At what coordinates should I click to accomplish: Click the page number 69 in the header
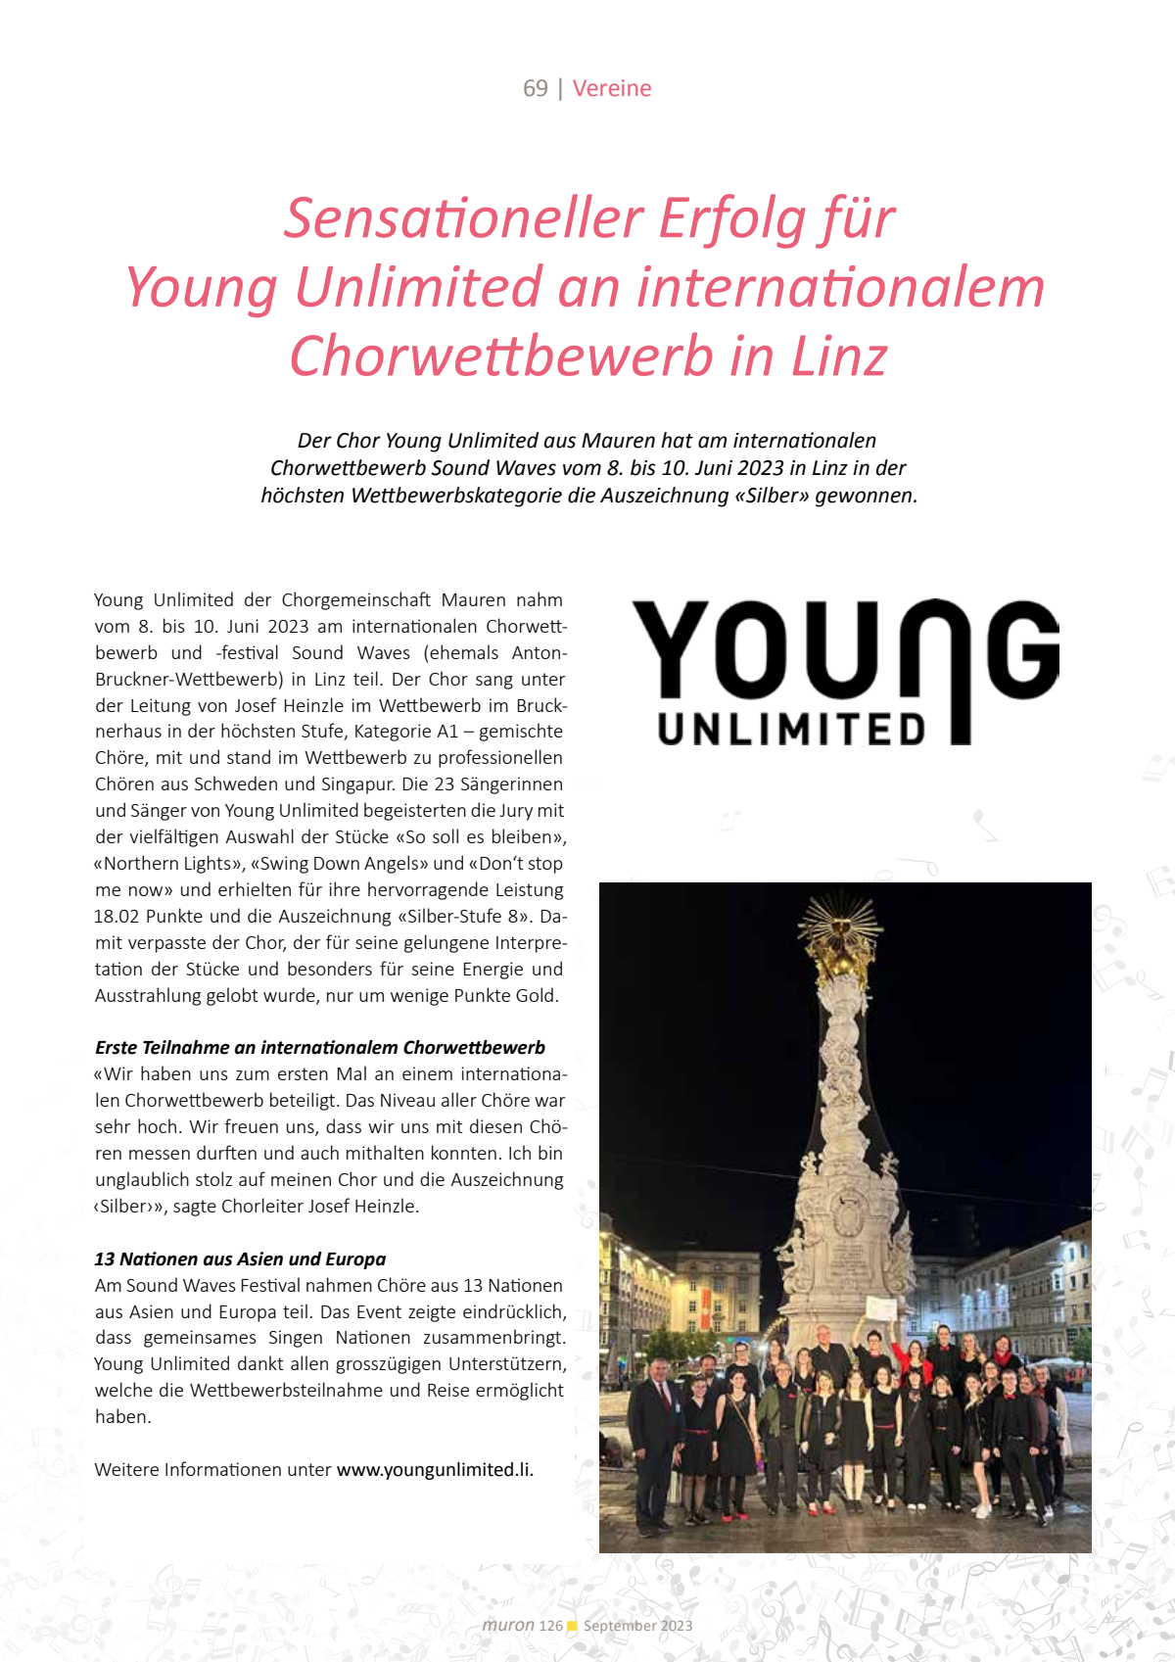click(x=535, y=88)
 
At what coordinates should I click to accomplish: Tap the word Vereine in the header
click(x=612, y=88)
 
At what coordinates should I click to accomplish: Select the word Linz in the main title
click(x=839, y=356)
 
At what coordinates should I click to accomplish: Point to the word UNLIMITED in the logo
click(x=791, y=730)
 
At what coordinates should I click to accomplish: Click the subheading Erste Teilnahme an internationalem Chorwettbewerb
click(x=320, y=1047)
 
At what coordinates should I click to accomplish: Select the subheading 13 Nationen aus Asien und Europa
click(x=240, y=1258)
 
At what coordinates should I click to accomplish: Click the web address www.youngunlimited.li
click(x=435, y=1469)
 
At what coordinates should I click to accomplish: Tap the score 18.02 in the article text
click(x=117, y=916)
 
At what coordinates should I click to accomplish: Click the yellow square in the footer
click(x=573, y=1626)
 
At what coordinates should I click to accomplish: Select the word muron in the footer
click(x=508, y=1625)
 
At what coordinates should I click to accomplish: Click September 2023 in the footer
click(x=637, y=1626)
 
